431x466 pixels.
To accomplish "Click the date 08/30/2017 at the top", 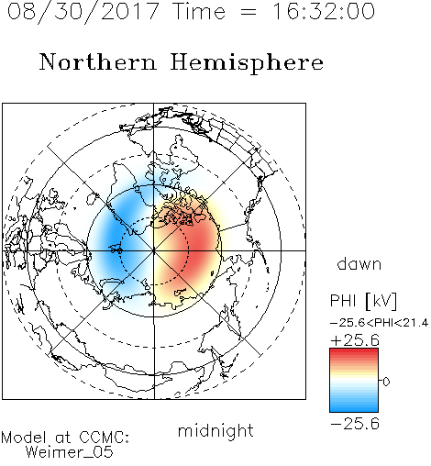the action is [x=83, y=11].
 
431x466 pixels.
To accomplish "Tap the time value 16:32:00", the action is [x=323, y=11].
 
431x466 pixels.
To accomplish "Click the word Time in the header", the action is [x=199, y=11].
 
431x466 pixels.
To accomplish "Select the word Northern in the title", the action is [x=98, y=61].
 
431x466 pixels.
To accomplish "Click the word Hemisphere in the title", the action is [x=247, y=62].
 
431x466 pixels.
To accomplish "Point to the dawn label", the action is [x=359, y=263].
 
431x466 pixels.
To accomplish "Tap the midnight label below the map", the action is [x=215, y=430].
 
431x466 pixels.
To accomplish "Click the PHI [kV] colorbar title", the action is [x=363, y=301].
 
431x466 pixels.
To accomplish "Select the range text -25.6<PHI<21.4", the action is [x=379, y=323].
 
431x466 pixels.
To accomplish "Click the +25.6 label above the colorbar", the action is [x=355, y=340].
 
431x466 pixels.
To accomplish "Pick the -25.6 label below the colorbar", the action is [x=355, y=424].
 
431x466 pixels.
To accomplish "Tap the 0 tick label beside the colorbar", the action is [x=386, y=382].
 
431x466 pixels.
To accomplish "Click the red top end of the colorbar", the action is [x=354, y=350].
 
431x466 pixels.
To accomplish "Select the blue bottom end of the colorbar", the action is [x=354, y=409].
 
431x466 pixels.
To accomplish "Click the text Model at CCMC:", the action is [x=65, y=438].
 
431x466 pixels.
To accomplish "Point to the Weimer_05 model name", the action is [x=70, y=452].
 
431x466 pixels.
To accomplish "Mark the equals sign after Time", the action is [x=248, y=12].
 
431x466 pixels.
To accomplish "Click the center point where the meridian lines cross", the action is [x=154, y=250].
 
